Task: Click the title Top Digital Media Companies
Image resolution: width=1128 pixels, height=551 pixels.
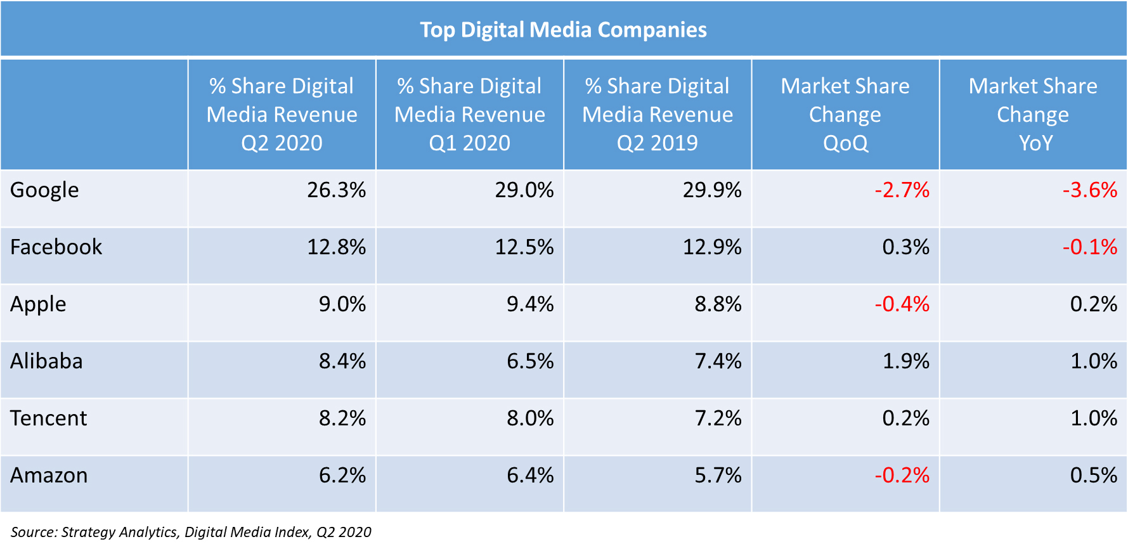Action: (x=563, y=30)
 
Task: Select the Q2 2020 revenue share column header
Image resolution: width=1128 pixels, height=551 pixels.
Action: (x=282, y=115)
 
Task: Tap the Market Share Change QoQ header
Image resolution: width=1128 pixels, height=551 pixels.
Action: (x=845, y=115)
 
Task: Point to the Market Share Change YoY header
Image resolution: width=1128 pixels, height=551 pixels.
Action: (x=1033, y=115)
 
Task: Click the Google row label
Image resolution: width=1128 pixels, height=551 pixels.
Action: (x=44, y=190)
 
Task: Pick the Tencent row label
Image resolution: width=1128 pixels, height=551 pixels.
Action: (x=49, y=418)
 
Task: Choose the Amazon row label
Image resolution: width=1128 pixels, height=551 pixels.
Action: (x=49, y=476)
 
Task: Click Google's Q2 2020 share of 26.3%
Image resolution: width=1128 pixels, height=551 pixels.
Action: (x=336, y=190)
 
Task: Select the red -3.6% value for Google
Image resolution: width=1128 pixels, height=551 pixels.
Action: (x=1089, y=190)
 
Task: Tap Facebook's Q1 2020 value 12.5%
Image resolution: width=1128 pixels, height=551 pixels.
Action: (x=524, y=247)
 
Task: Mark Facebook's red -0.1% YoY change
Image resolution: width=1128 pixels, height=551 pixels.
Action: (x=1089, y=247)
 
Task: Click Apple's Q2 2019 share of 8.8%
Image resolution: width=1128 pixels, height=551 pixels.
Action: (x=718, y=304)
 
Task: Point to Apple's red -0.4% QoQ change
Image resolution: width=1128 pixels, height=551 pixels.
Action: (x=902, y=304)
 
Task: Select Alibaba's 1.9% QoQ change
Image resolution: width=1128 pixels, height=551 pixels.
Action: (x=905, y=361)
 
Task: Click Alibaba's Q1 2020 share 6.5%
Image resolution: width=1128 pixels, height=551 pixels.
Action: (x=530, y=361)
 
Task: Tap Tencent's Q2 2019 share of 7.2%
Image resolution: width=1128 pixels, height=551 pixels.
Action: (x=718, y=418)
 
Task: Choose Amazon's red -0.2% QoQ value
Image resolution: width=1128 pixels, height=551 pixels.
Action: (x=902, y=476)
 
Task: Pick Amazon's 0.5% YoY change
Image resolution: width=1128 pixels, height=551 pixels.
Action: (x=1093, y=476)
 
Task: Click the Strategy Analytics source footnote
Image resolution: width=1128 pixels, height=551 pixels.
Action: (x=191, y=532)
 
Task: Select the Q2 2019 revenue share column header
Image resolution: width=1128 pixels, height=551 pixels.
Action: (x=658, y=115)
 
